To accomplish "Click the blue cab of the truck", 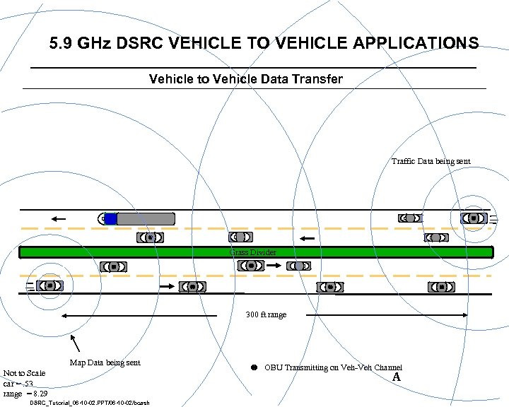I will click(x=110, y=219).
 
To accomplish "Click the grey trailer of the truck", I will click(x=145, y=219).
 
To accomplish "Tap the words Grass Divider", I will click(x=252, y=252).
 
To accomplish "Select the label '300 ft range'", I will click(x=266, y=314).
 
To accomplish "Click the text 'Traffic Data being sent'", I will click(x=431, y=162).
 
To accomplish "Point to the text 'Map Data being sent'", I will click(x=105, y=362).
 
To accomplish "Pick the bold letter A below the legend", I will click(x=397, y=377).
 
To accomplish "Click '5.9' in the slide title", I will click(x=62, y=44).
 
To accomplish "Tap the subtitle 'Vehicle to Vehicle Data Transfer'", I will click(x=245, y=78).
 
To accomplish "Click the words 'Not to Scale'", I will click(x=24, y=373).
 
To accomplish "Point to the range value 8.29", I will click(x=40, y=394).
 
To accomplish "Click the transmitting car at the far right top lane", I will click(x=473, y=219).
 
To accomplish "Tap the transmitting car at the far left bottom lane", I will click(x=49, y=285).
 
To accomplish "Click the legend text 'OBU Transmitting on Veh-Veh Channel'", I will click(x=333, y=367).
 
